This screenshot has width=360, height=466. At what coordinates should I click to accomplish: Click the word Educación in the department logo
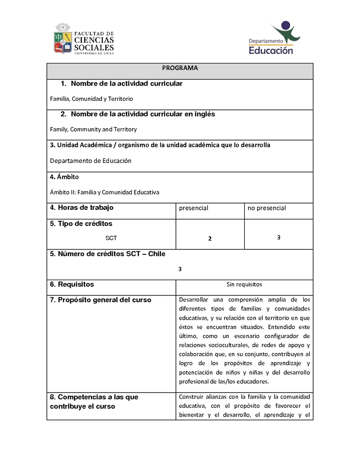click(x=271, y=50)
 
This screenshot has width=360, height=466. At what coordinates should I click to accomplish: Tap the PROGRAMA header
click(x=180, y=68)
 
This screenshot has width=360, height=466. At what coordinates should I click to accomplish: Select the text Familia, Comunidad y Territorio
click(x=91, y=99)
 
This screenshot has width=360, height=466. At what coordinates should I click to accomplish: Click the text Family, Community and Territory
click(x=93, y=129)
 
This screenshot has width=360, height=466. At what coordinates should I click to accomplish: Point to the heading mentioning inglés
click(x=138, y=114)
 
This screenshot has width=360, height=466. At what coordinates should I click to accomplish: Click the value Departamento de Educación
click(x=90, y=161)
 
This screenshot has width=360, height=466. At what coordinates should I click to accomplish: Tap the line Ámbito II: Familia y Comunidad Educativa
click(x=104, y=192)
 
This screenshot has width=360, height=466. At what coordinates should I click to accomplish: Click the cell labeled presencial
click(x=193, y=208)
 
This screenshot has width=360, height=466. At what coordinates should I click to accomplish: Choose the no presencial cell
click(x=266, y=208)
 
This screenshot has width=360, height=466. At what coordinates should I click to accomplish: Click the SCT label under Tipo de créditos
click(x=111, y=238)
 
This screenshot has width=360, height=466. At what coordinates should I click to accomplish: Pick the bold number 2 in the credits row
click(x=210, y=239)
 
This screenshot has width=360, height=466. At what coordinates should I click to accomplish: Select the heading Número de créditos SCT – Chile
click(x=108, y=254)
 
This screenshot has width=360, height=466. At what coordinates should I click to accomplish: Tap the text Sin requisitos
click(x=244, y=285)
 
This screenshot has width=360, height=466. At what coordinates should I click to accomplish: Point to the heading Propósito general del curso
click(x=100, y=300)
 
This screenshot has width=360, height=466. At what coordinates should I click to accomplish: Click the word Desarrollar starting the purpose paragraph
click(x=195, y=299)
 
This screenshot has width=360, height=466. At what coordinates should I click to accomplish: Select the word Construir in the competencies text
click(x=192, y=397)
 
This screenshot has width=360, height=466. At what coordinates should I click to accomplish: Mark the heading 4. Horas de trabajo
click(x=81, y=208)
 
